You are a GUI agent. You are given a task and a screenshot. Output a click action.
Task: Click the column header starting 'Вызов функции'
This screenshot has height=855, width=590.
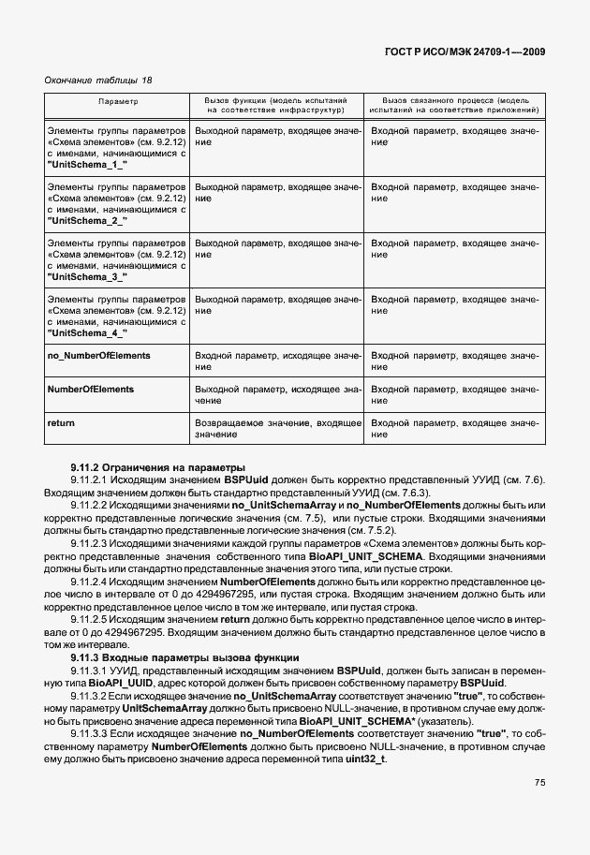(x=275, y=98)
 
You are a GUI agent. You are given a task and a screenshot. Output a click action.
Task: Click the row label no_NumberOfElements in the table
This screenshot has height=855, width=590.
(x=98, y=356)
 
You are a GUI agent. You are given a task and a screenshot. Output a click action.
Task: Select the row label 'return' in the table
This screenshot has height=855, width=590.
(x=61, y=423)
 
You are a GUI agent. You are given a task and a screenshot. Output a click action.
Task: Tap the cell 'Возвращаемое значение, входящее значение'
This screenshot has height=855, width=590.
(x=277, y=429)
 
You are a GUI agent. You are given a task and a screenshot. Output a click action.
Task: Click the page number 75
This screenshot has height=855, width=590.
(x=540, y=783)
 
